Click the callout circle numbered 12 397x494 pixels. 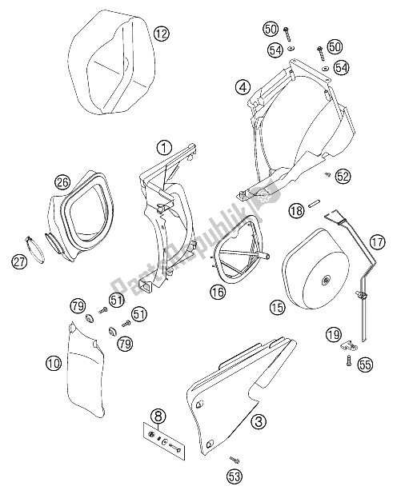tap(162, 34)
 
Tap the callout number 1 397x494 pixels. tap(163, 146)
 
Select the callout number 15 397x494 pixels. tap(278, 307)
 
